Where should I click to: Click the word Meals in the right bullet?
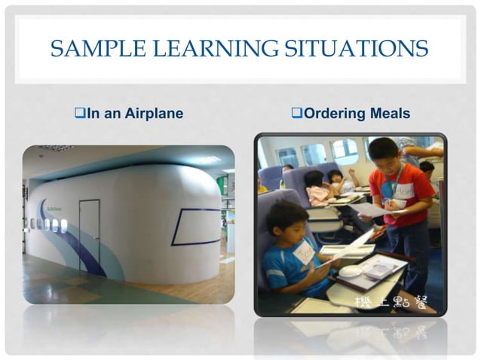coord(390,114)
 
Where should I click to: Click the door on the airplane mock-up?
coord(89,236)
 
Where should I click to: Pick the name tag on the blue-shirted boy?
coord(303,251)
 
